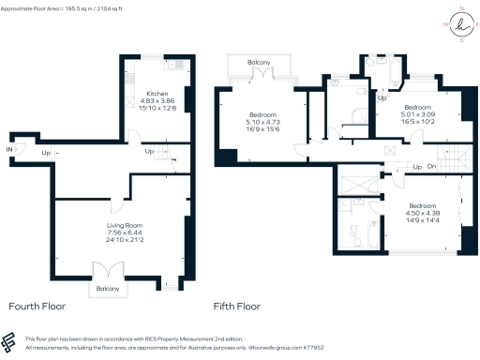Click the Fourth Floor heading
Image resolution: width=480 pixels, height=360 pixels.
click(x=37, y=307)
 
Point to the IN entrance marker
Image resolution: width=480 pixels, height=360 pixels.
click(x=10, y=149)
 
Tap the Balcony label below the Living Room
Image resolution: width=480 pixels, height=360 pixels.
click(x=109, y=289)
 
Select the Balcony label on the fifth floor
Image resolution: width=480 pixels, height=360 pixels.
click(x=259, y=64)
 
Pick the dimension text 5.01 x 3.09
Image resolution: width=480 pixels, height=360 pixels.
click(x=419, y=114)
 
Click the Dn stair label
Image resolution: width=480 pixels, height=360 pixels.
click(x=433, y=168)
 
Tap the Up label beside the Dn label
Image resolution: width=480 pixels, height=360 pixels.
click(x=415, y=168)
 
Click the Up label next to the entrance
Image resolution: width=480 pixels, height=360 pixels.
click(x=46, y=152)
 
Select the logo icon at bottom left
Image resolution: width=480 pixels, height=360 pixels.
click(x=11, y=342)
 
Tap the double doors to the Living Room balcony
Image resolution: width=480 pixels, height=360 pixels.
click(x=110, y=272)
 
